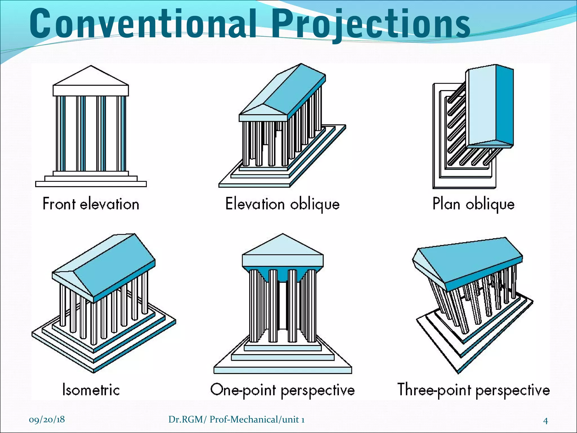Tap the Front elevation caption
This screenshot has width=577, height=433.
(x=91, y=204)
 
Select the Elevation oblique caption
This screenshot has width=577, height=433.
(x=282, y=204)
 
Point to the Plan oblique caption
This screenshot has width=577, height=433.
(x=473, y=204)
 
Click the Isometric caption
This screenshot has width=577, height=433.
(x=91, y=390)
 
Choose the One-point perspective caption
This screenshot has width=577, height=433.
(x=282, y=390)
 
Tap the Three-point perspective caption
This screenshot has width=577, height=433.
(x=473, y=390)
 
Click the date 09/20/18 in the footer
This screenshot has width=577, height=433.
(x=47, y=419)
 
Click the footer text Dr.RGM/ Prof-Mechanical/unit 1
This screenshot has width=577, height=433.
(x=236, y=419)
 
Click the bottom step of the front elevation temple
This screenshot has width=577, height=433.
(x=91, y=184)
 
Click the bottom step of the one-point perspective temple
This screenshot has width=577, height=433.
(x=283, y=370)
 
